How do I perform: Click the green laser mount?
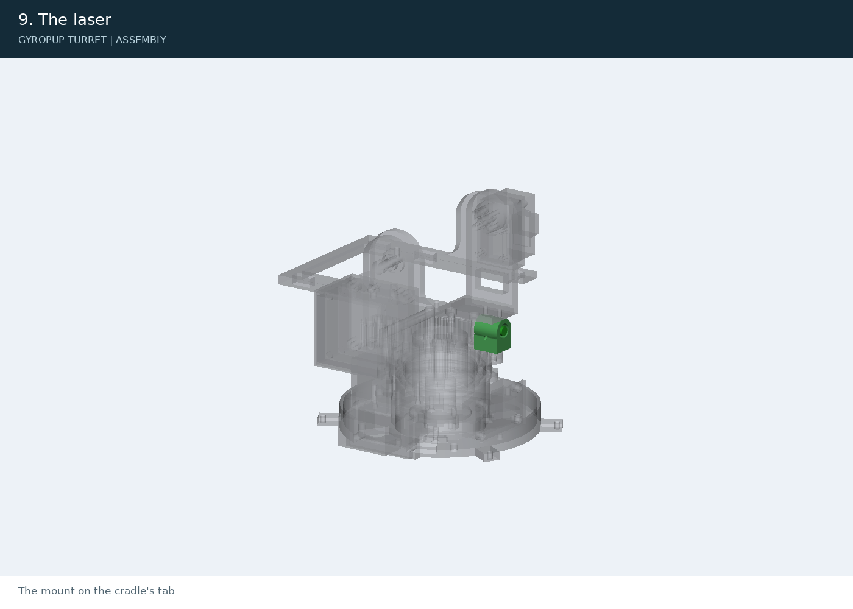[492, 335]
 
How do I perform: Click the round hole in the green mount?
[504, 331]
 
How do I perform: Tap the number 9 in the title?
[23, 19]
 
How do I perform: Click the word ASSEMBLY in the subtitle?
[141, 40]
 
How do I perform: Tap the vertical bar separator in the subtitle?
[111, 40]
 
